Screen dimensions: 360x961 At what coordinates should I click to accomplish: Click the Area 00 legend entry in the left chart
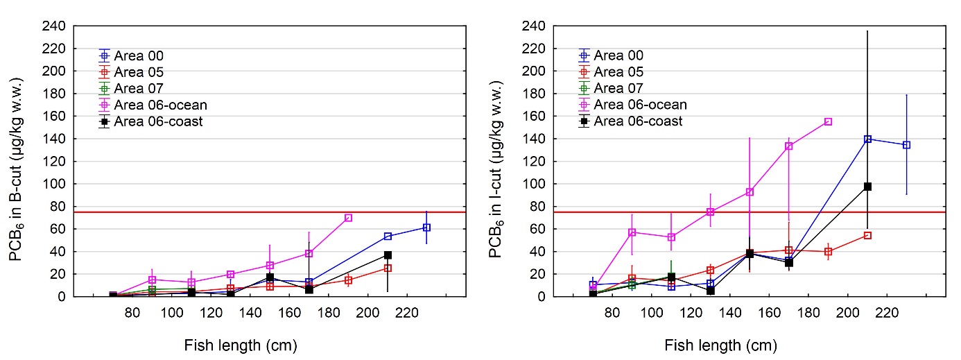tap(132, 55)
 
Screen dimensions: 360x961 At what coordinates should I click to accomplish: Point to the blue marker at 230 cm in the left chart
tap(426, 228)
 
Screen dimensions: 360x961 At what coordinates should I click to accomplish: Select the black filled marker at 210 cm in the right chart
tap(867, 187)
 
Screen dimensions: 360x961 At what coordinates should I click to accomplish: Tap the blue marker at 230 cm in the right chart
tap(906, 145)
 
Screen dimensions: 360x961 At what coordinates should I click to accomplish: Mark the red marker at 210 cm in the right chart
tap(867, 235)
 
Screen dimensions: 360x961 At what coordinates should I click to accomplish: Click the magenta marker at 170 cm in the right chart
tap(788, 146)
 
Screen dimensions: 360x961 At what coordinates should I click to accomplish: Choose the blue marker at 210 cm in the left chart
tap(388, 236)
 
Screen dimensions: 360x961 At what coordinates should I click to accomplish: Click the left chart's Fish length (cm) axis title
tap(241, 345)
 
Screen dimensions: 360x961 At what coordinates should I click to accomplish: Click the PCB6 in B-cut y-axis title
tap(15, 161)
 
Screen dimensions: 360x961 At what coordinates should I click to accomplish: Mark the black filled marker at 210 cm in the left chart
tap(388, 255)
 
